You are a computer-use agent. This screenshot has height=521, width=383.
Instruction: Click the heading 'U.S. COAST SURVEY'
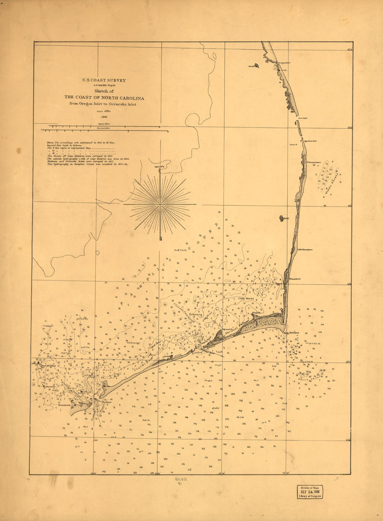tap(104, 80)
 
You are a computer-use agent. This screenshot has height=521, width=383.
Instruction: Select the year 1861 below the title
tap(104, 117)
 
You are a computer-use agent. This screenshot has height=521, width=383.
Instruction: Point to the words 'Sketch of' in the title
tap(104, 91)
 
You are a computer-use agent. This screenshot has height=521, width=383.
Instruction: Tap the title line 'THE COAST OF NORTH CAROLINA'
tap(104, 98)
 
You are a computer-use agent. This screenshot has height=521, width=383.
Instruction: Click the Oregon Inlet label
tap(284, 63)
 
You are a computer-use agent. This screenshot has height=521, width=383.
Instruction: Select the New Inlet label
tap(303, 118)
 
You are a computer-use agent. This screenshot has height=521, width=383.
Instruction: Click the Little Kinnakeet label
tap(305, 250)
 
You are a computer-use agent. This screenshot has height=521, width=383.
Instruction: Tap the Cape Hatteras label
tap(290, 333)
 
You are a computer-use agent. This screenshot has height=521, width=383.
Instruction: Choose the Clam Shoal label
tap(245, 298)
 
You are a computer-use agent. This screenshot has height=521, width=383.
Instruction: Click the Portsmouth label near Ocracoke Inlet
tap(65, 405)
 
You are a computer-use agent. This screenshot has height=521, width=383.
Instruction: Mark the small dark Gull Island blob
tap(281, 218)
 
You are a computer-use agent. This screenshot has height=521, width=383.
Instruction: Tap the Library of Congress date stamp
tap(310, 492)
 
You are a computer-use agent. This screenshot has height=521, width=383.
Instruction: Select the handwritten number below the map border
tap(181, 482)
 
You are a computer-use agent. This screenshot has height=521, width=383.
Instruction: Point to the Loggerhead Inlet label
tap(309, 141)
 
